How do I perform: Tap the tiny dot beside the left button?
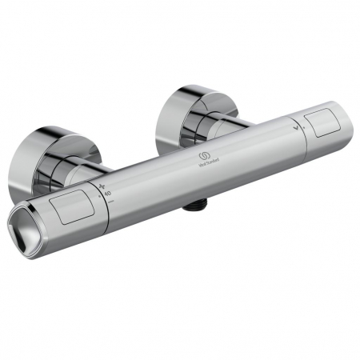pyautogui.click(x=99, y=194)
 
